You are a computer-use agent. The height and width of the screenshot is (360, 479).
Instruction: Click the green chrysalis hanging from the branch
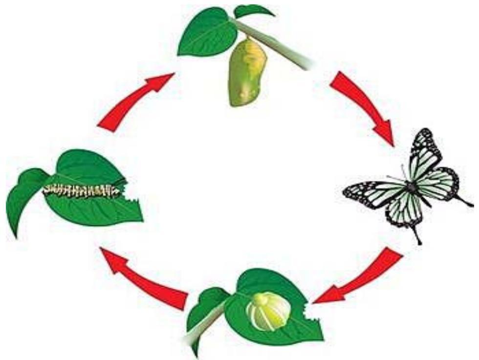247,73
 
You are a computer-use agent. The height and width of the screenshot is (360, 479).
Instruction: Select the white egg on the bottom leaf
267,309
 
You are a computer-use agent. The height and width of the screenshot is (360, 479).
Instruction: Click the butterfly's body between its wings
412,187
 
